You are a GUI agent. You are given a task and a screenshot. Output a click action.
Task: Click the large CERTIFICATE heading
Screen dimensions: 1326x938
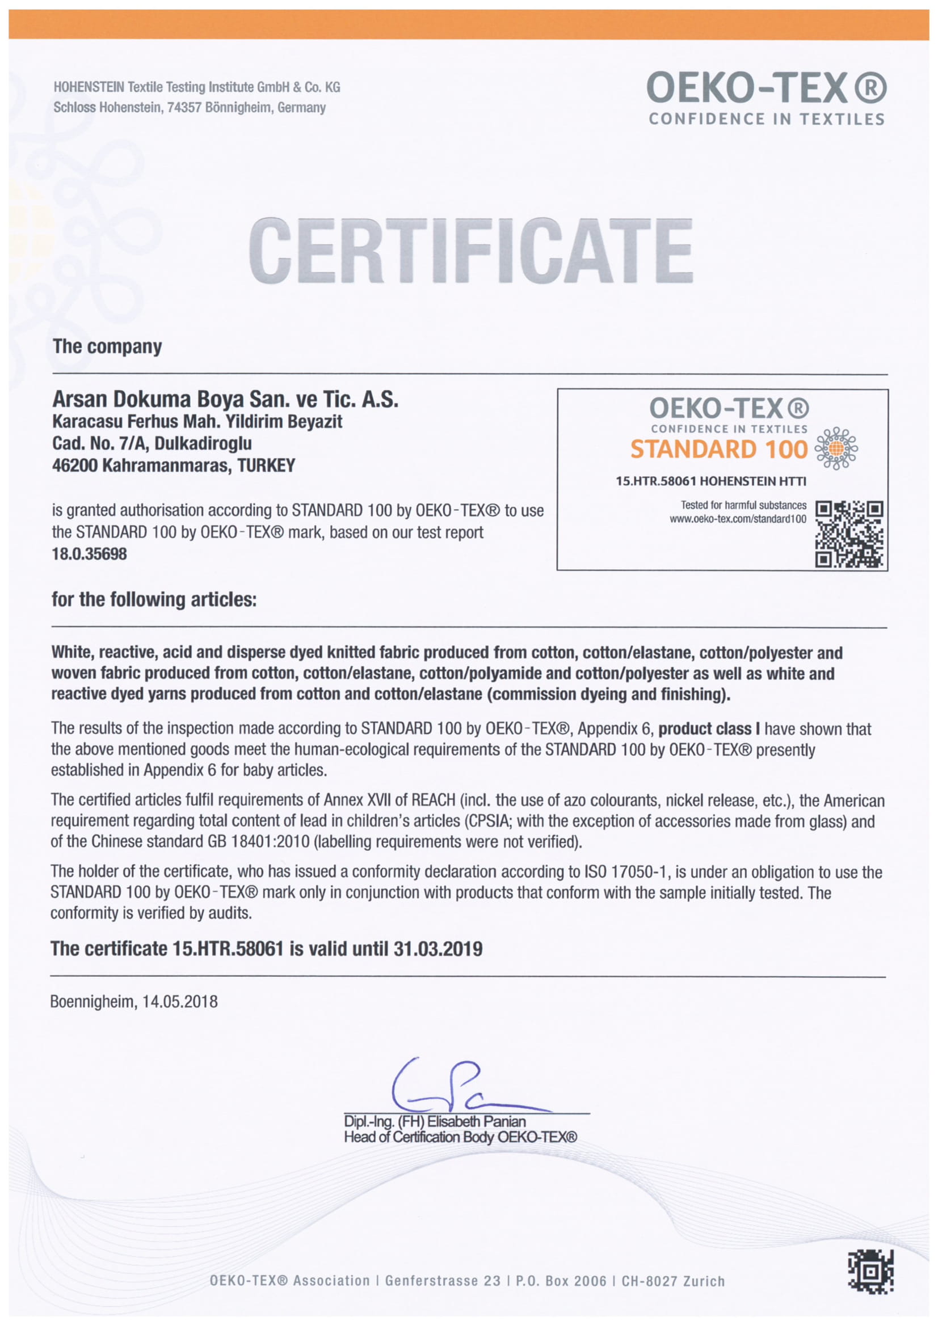470,251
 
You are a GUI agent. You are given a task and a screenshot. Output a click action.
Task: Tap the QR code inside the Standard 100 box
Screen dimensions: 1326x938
848,533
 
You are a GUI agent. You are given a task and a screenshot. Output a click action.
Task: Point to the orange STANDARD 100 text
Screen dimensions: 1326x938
718,450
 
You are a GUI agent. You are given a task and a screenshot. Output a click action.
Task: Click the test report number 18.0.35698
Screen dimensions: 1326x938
89,554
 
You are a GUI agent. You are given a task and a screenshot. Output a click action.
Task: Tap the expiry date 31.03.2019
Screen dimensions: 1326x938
438,949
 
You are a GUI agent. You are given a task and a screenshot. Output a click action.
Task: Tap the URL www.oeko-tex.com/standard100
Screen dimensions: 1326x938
738,519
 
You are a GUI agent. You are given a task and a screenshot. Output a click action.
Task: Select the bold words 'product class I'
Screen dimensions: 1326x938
709,729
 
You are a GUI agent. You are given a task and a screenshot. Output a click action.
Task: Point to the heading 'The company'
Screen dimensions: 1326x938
107,346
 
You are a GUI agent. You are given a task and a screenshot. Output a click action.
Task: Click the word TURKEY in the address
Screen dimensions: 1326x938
267,465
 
